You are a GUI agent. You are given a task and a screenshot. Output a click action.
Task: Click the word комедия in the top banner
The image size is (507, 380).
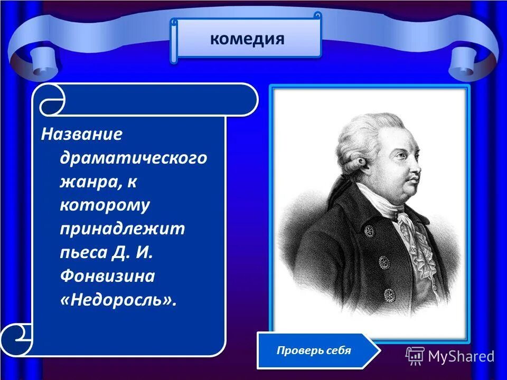[x=247, y=39]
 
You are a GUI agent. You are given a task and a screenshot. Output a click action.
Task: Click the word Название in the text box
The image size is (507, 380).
[x=82, y=134]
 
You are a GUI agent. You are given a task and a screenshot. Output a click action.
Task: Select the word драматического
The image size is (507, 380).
[x=133, y=158]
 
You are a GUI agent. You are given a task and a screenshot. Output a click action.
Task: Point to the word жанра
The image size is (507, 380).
[x=91, y=182]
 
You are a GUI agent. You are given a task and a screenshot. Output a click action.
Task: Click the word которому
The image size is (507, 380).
[x=105, y=205]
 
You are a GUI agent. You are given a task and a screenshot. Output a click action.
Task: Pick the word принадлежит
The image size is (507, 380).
[x=122, y=229]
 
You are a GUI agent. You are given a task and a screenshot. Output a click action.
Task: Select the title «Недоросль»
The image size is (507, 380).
[x=118, y=300]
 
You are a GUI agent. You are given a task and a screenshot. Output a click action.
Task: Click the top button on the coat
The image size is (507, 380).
[x=369, y=231]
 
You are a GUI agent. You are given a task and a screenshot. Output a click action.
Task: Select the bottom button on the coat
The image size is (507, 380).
[x=389, y=294]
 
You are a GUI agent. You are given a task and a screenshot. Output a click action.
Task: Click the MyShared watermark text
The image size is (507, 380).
[x=461, y=356]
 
